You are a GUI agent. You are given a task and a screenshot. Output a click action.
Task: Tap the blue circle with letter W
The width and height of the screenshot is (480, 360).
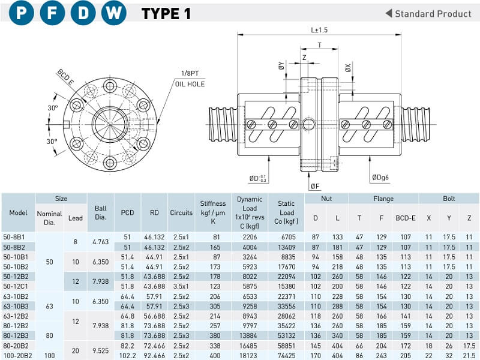coord(113,13)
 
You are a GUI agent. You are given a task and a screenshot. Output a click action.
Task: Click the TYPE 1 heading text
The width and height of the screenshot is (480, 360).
coord(166,13)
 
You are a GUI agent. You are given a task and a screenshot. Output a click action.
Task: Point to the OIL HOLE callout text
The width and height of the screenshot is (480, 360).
coord(190,84)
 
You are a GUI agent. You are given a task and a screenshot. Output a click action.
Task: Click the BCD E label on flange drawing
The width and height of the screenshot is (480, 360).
coord(66,77)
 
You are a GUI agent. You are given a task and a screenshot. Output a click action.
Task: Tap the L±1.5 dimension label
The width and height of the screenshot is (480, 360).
coord(320,29)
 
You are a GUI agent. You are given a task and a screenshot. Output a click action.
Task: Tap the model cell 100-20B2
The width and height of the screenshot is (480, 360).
coord(16,355)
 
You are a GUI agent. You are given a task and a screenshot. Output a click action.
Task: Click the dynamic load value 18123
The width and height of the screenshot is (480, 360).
coord(249,355)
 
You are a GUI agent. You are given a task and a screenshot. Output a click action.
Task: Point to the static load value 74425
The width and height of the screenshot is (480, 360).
coord(287,355)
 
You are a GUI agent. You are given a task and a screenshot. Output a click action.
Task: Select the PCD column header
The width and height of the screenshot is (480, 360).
coord(127,212)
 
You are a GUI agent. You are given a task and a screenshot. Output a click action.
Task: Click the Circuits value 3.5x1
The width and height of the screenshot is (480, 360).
coord(181,286)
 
